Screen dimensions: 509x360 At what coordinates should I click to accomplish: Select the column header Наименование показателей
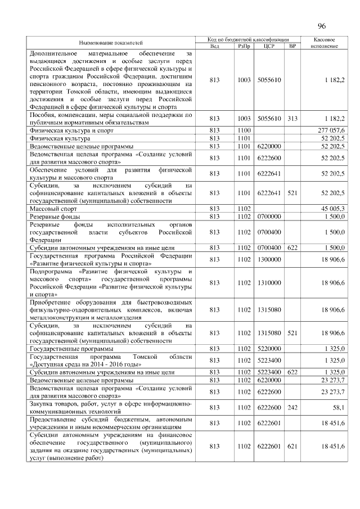coord(111,42)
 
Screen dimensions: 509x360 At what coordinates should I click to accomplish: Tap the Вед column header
coord(214,46)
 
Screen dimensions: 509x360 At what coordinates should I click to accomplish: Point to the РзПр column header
coord(244,46)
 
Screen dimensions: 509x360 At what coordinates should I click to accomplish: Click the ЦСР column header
coord(268,46)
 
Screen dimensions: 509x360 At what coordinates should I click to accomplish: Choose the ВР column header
coord(291,46)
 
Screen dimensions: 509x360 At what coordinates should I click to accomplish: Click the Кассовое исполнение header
coord(324,42)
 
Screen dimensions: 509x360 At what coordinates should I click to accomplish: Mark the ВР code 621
coord(291,446)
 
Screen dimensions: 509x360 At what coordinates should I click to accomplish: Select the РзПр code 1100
coord(244,130)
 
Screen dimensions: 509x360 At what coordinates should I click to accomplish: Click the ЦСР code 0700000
coord(268,217)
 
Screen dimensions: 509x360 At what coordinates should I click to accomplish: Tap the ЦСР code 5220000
coord(268,349)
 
